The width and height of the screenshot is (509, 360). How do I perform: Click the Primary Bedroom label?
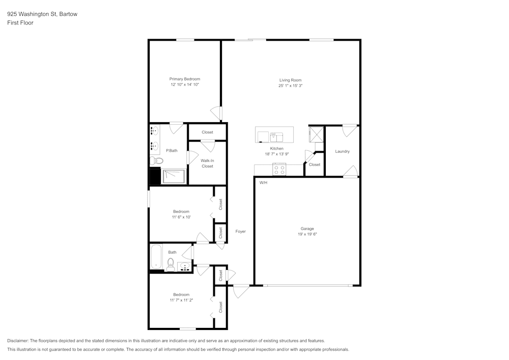[x=184, y=79]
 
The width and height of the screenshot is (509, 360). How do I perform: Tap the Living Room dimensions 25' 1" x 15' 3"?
[x=290, y=86]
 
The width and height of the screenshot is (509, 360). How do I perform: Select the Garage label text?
[x=306, y=229]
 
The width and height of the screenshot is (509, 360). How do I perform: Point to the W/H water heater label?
[x=263, y=182]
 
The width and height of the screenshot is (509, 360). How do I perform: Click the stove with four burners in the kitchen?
[x=279, y=170]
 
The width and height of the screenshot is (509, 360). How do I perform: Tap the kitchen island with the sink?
[x=274, y=135]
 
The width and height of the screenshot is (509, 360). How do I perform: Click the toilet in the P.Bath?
[x=157, y=161]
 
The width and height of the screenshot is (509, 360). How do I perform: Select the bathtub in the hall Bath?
[x=156, y=257]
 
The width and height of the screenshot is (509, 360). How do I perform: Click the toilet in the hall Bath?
[x=171, y=264]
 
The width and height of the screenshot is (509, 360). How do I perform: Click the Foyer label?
[x=240, y=231]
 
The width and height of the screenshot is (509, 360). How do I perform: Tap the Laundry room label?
[x=342, y=151]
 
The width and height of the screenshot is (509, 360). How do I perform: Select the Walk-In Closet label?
[x=207, y=163]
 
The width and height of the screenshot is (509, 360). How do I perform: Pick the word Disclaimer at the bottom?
[x=18, y=341]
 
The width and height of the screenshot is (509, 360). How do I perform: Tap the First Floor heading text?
[x=20, y=23]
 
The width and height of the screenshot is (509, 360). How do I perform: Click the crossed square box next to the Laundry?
[x=316, y=134]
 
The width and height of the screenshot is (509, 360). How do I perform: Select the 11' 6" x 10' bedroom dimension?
[x=181, y=217]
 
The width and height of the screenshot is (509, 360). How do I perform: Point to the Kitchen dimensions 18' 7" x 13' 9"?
[x=276, y=154]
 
